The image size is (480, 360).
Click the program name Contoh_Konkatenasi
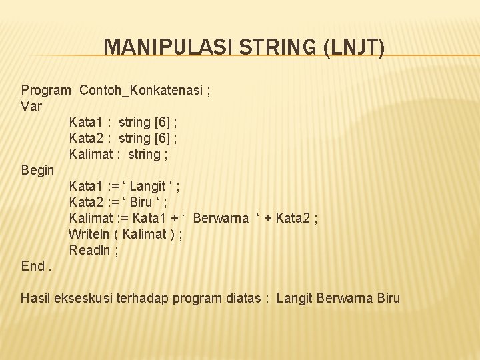(x=141, y=90)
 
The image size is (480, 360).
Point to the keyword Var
(x=31, y=106)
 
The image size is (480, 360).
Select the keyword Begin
(x=37, y=170)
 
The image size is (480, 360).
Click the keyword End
(x=33, y=266)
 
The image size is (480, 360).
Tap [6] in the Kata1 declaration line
(x=161, y=122)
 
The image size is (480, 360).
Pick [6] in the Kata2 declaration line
(x=161, y=138)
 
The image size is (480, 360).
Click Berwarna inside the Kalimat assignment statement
(x=221, y=218)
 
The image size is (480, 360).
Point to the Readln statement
(x=90, y=250)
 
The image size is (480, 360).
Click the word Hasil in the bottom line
(x=36, y=298)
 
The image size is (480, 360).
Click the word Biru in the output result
(x=388, y=298)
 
